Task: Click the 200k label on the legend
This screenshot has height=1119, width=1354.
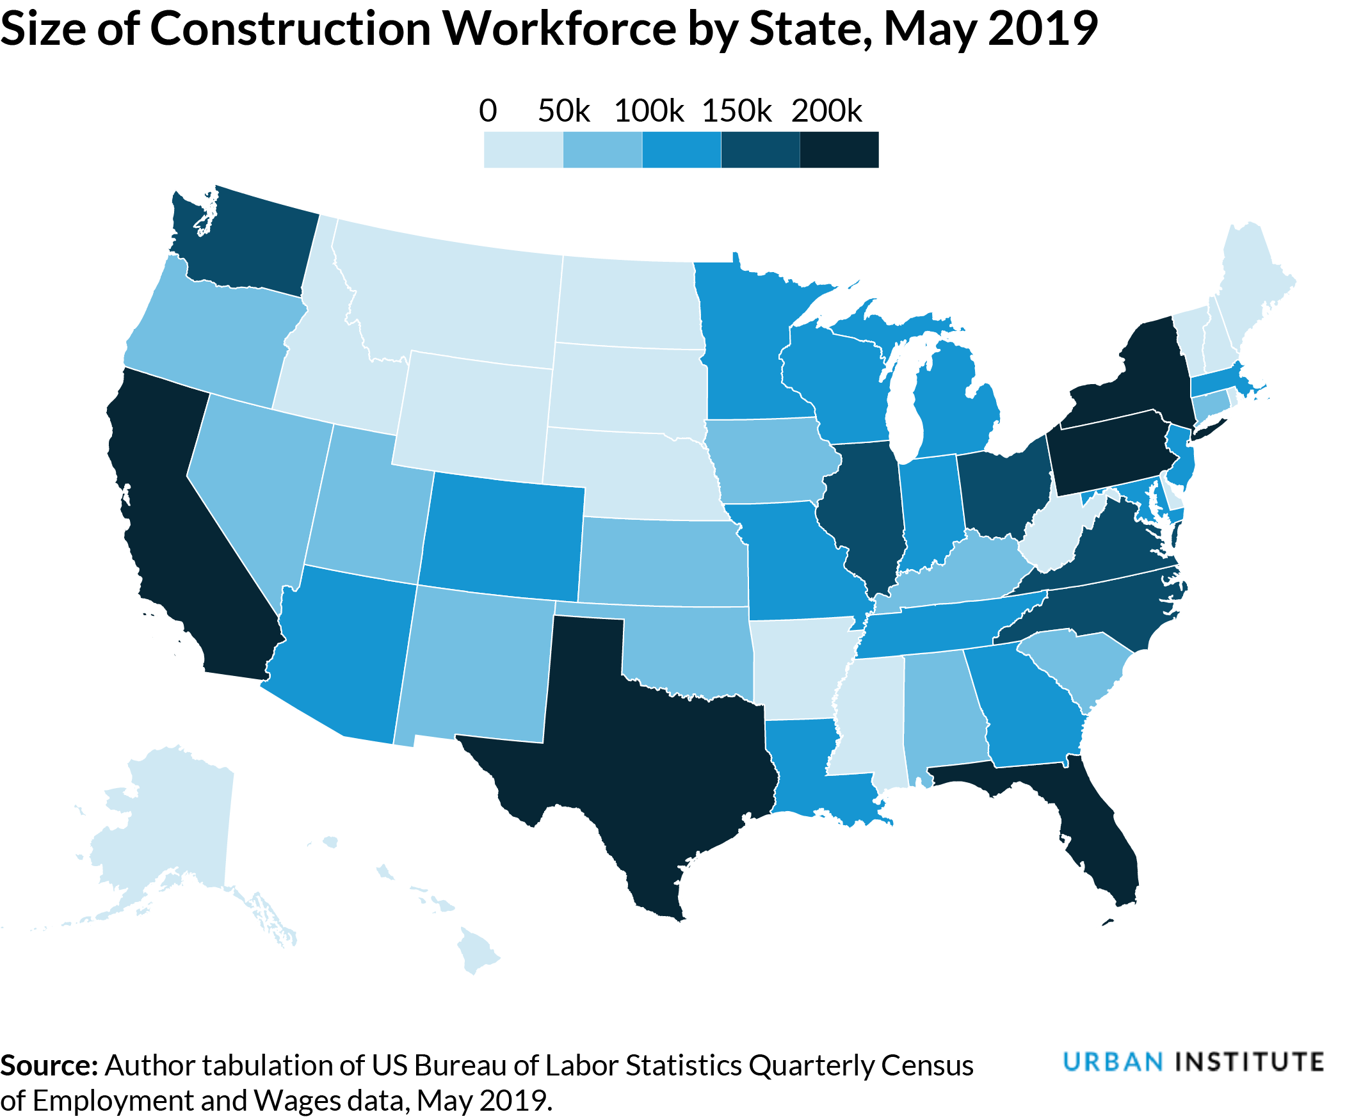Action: [826, 111]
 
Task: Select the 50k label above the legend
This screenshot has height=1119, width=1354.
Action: [563, 111]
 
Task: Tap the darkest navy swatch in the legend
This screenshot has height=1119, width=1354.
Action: [839, 150]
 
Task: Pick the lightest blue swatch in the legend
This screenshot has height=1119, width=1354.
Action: [522, 150]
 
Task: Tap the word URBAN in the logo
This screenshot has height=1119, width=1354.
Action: [1114, 1061]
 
